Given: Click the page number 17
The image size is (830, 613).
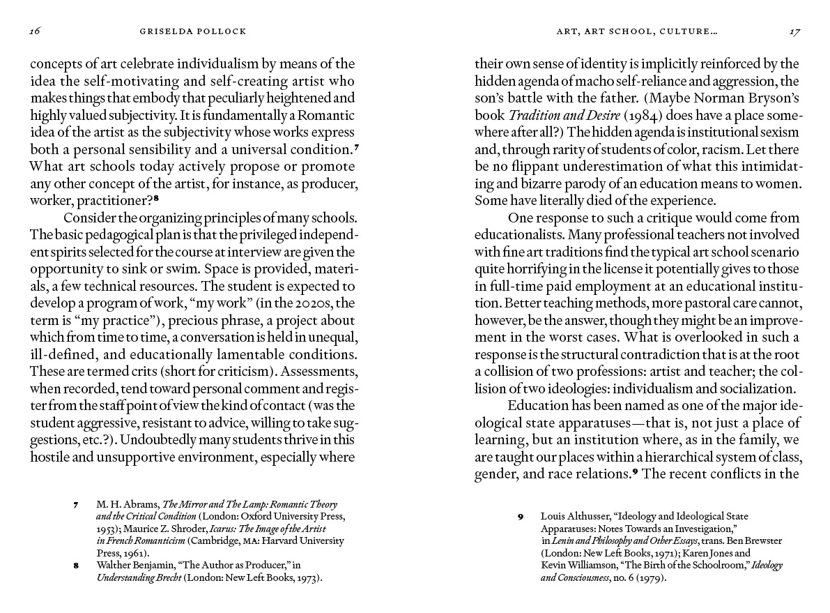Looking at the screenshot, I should click(793, 31).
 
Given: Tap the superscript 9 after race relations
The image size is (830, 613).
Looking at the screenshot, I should click(636, 471).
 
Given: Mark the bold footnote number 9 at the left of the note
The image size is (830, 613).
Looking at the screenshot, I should click(520, 517).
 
